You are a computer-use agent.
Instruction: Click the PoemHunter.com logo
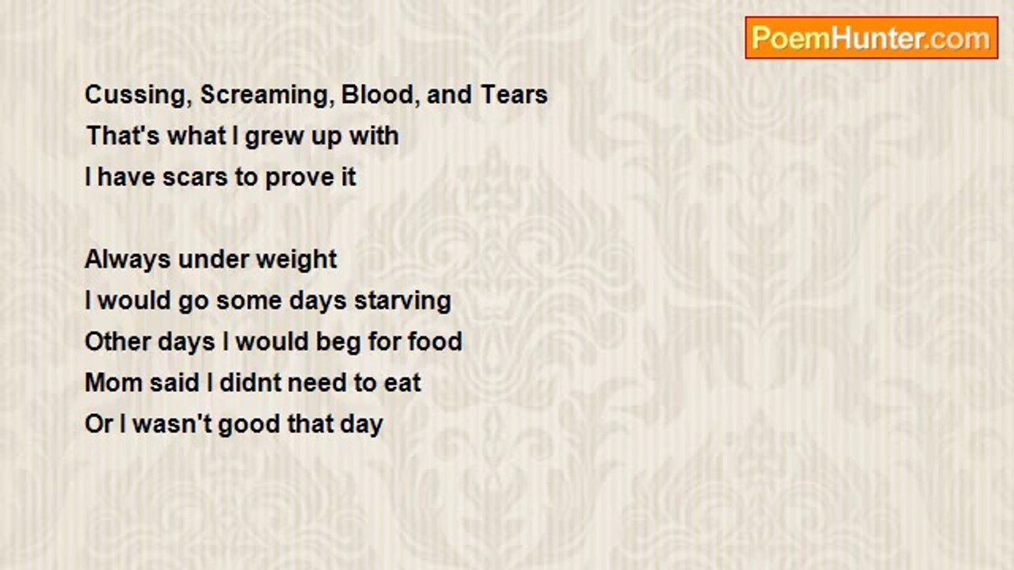(871, 38)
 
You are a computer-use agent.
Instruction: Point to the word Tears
(514, 94)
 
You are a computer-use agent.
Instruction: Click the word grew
(274, 137)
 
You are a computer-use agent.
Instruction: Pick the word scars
(195, 177)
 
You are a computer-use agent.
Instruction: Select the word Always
(128, 260)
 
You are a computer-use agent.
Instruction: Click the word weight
(296, 260)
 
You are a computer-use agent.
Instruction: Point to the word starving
(402, 302)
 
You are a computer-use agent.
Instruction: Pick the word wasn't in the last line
(172, 424)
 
